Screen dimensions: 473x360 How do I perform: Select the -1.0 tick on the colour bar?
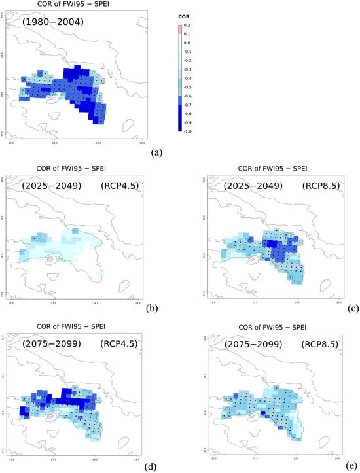188,131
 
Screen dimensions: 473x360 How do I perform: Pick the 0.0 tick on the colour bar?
187,41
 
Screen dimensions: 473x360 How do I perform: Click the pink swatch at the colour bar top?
179,28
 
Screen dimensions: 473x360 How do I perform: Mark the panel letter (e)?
352,466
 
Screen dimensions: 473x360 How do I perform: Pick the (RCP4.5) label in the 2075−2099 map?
123,339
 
